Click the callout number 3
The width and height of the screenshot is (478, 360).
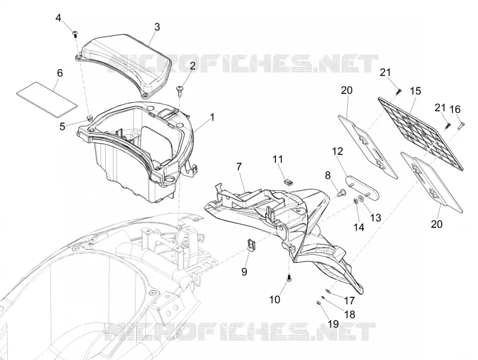pos(157,27)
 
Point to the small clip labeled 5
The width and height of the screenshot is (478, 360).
pos(89,117)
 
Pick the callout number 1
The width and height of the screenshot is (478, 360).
pos(212,117)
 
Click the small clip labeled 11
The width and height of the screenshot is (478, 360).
pos(288,182)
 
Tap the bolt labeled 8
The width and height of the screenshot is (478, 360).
pos(342,193)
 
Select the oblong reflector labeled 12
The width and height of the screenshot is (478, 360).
pos(362,186)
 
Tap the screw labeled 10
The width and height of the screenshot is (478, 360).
pos(289,277)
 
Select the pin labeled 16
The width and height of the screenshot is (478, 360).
pos(461,125)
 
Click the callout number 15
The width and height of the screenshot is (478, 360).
pos(415,91)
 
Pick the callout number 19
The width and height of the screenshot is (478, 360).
pos(333,324)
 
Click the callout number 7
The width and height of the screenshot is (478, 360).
pos(238,167)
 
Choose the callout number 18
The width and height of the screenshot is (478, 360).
pos(350,314)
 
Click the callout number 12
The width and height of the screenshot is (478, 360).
pos(338,151)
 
